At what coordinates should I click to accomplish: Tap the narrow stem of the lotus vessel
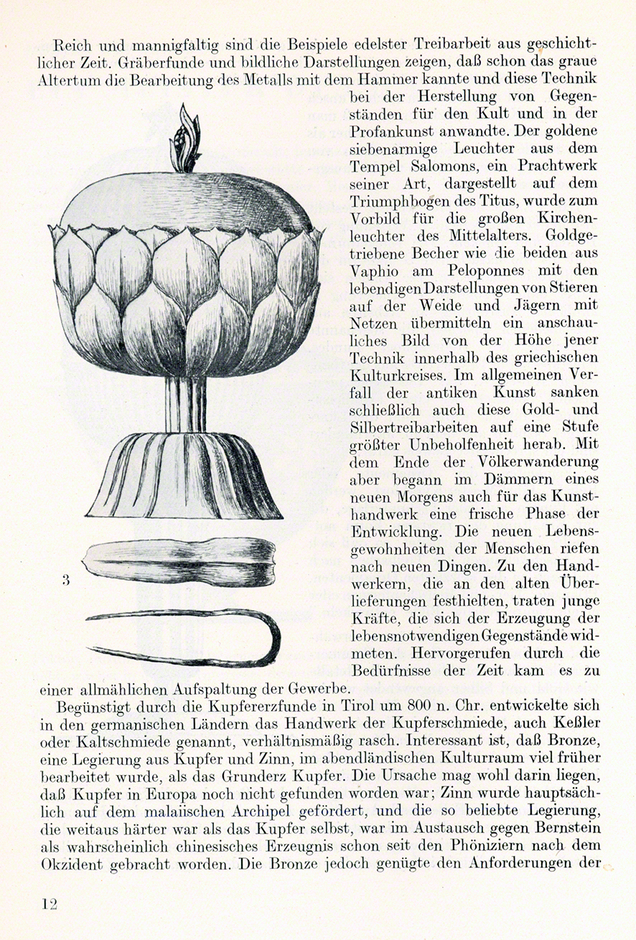[185, 405]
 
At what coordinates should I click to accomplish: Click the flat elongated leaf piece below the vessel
[179, 561]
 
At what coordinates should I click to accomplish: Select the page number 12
[49, 903]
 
